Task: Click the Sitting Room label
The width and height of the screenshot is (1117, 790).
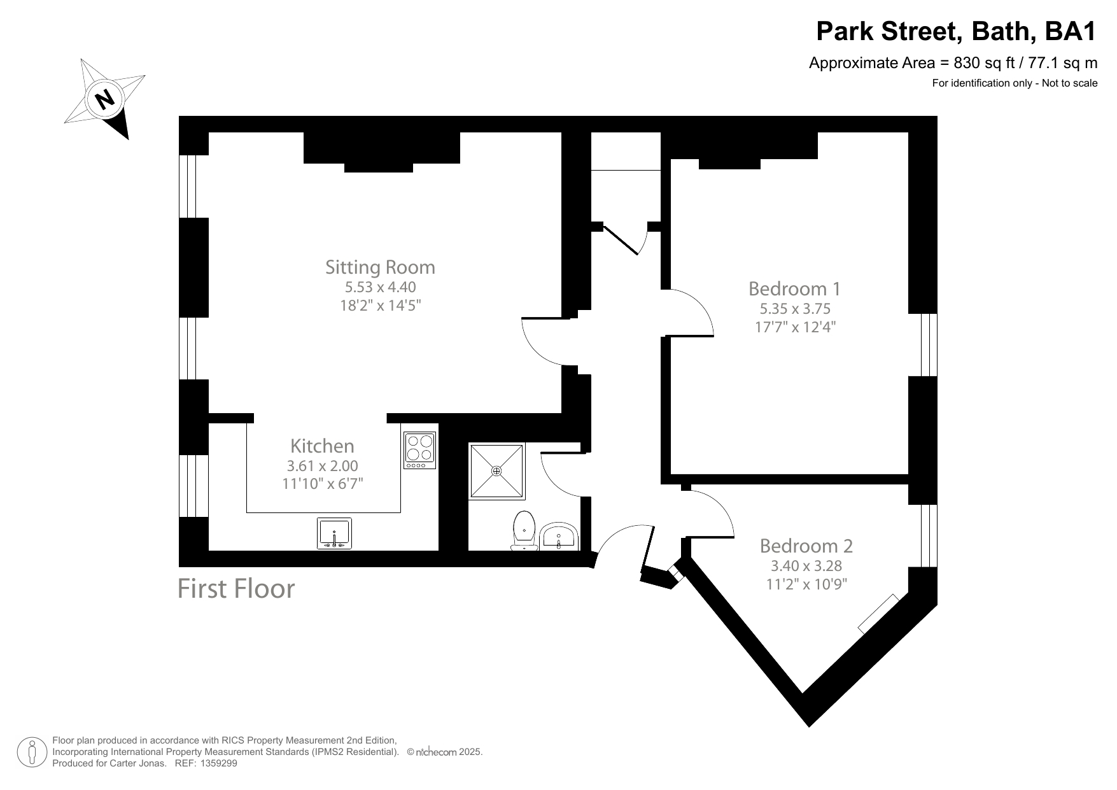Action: click(380, 267)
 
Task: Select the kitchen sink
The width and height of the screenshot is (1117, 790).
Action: click(334, 533)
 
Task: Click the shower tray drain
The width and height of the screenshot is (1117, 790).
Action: click(496, 470)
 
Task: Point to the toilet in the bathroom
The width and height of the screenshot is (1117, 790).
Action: click(524, 529)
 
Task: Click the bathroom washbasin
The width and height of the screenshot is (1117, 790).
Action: click(559, 537)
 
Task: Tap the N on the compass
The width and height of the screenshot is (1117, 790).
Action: click(105, 99)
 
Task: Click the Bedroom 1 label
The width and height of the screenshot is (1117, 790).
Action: click(794, 289)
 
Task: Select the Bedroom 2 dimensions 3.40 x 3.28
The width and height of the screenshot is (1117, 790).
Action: click(806, 565)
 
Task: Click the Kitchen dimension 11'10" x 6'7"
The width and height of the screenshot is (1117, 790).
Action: click(322, 484)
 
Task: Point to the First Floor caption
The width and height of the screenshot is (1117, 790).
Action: click(236, 589)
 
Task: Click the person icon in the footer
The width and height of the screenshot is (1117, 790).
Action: click(31, 753)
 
